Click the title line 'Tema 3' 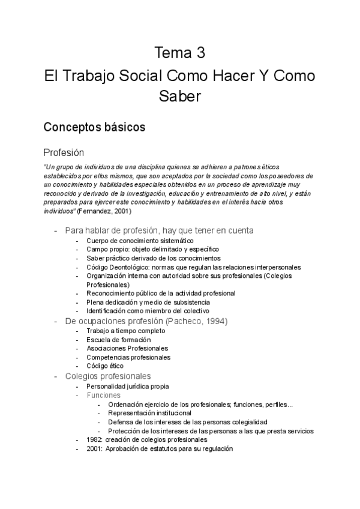coord(180,53)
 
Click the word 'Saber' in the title coord(180,95)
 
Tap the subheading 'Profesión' coord(64,152)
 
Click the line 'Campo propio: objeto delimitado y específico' coord(152,249)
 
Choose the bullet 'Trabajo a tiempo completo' coord(125,331)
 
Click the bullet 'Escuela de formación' coord(118,340)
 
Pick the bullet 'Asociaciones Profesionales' coord(127,348)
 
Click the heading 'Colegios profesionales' coord(107,376)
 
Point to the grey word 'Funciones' coord(103,396)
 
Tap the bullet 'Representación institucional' coord(149,413)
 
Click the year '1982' coord(94,439)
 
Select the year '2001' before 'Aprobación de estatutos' coord(94,448)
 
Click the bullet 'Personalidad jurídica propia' coord(128,387)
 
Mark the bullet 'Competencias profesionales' coord(128,357)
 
